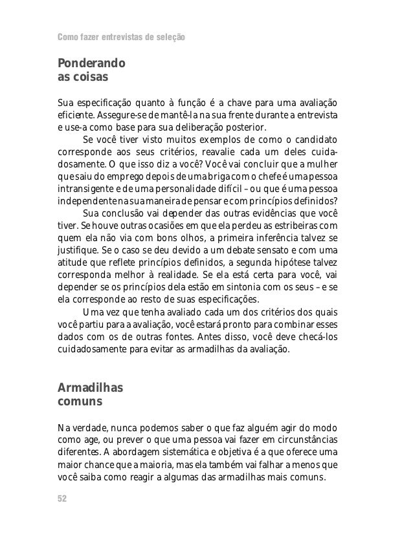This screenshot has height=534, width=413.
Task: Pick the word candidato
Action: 315,139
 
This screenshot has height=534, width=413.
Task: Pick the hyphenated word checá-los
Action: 316,336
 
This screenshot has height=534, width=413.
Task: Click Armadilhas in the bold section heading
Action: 90,389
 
